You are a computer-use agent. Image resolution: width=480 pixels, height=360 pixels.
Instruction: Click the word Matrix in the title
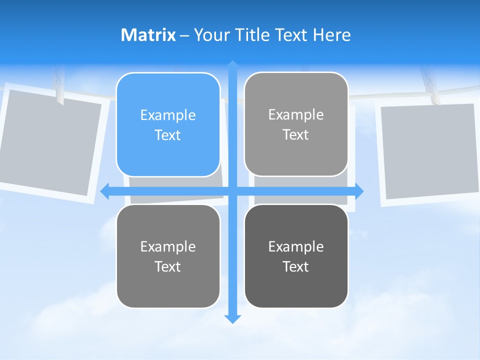pyautogui.click(x=148, y=34)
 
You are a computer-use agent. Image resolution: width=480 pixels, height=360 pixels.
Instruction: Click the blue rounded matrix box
pyautogui.click(x=168, y=125)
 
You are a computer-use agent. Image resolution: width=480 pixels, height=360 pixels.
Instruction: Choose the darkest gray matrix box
pyautogui.click(x=296, y=256)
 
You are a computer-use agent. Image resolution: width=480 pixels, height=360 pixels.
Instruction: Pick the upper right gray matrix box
pyautogui.click(x=296, y=124)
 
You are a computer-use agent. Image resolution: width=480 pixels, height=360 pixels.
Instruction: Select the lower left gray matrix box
pyautogui.click(x=168, y=256)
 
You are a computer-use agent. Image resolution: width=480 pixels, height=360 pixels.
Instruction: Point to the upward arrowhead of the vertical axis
pyautogui.click(x=232, y=65)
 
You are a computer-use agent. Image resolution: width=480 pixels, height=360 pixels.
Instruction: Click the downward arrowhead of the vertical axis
pyautogui.click(x=232, y=318)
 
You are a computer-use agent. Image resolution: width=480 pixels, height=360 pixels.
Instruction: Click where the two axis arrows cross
pyautogui.click(x=232, y=191)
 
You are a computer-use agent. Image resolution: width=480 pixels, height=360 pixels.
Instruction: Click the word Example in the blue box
pyautogui.click(x=168, y=115)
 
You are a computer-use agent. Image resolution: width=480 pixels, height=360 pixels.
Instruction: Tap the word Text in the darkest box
pyautogui.click(x=296, y=266)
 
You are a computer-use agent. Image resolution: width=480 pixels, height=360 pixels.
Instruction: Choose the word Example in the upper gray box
pyautogui.click(x=296, y=114)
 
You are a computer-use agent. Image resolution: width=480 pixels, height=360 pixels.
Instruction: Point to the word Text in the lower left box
pyautogui.click(x=168, y=266)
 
